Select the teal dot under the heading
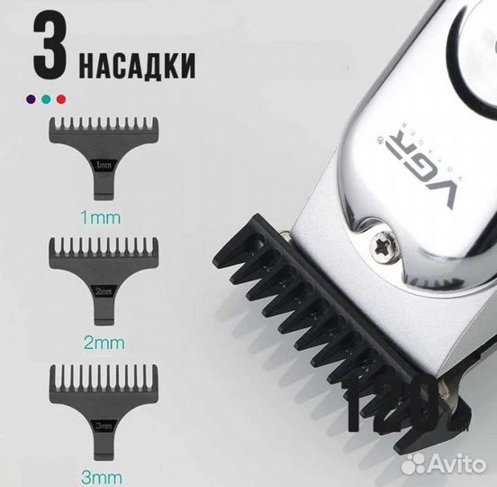tap(48, 95)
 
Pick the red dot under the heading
tap(60, 95)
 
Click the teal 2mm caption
tap(101, 343)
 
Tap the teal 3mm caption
tap(101, 471)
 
